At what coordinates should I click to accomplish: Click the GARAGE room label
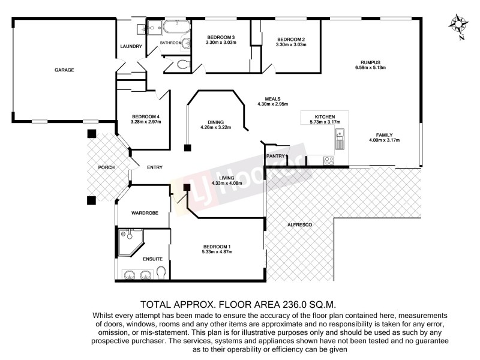click(x=64, y=70)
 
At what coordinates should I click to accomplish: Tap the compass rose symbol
click(x=459, y=25)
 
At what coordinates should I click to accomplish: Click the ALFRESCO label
click(x=300, y=224)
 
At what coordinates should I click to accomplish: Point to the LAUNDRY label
click(x=131, y=47)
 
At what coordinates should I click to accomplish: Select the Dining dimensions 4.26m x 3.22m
click(x=215, y=127)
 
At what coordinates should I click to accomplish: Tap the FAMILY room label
click(x=384, y=135)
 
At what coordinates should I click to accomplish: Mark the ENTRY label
click(x=155, y=167)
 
